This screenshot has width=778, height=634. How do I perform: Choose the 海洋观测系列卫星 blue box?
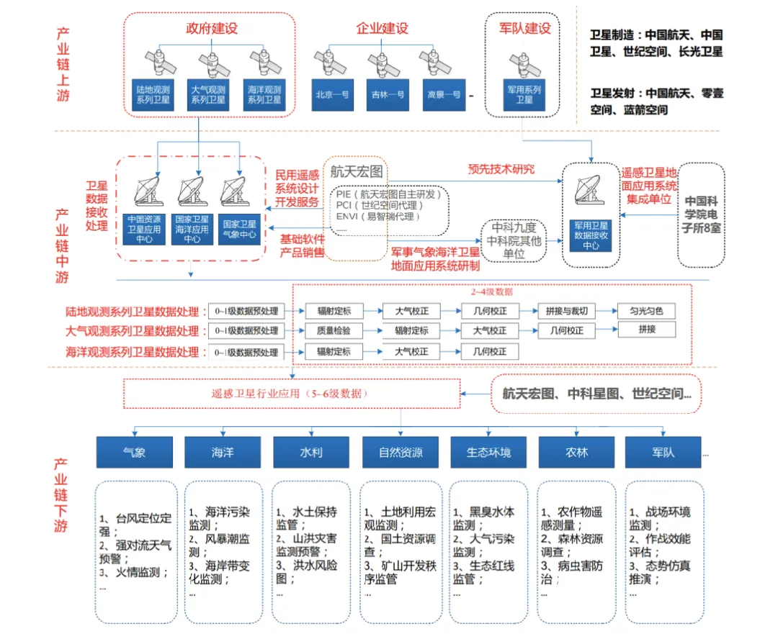click(x=264, y=94)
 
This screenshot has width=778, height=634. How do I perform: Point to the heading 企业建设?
click(x=383, y=29)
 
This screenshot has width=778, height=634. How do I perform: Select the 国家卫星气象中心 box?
click(x=240, y=229)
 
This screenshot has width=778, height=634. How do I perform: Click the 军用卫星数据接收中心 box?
click(x=591, y=234)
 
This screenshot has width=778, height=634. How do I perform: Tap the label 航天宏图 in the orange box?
click(x=357, y=172)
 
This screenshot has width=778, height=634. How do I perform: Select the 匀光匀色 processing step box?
click(x=646, y=312)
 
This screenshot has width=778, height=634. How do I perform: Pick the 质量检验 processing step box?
click(x=333, y=331)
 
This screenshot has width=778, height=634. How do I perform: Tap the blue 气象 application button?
click(x=134, y=453)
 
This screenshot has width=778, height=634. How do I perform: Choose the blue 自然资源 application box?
click(x=401, y=453)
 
